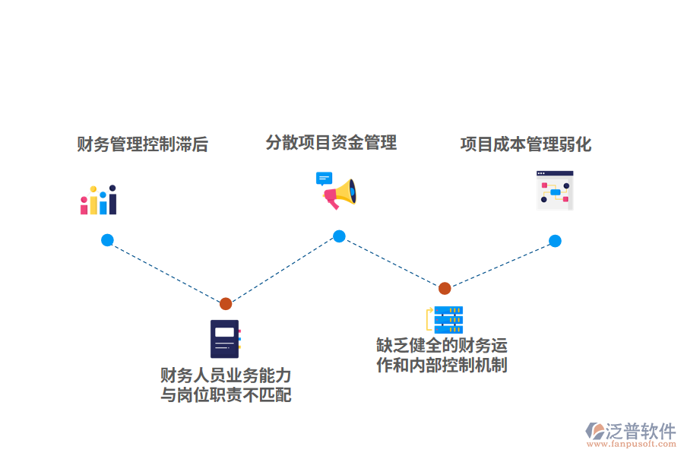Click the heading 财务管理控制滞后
[x=142, y=144]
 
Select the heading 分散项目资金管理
[x=331, y=142]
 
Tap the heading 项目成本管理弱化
[x=526, y=144]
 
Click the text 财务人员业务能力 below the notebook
[x=226, y=375]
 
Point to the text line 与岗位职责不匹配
[x=226, y=395]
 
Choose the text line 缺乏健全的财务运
[x=442, y=346]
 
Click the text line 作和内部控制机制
[x=442, y=365]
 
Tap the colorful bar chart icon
[x=99, y=200]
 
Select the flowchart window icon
[x=555, y=190]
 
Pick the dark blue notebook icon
[x=225, y=338]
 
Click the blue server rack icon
[x=445, y=319]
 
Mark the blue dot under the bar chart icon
[x=107, y=240]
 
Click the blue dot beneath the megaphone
[x=339, y=236]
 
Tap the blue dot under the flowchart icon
[x=555, y=241]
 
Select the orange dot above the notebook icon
[x=226, y=304]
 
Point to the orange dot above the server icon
[x=445, y=288]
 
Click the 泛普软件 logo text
[x=640, y=431]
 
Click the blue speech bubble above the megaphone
[x=325, y=179]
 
